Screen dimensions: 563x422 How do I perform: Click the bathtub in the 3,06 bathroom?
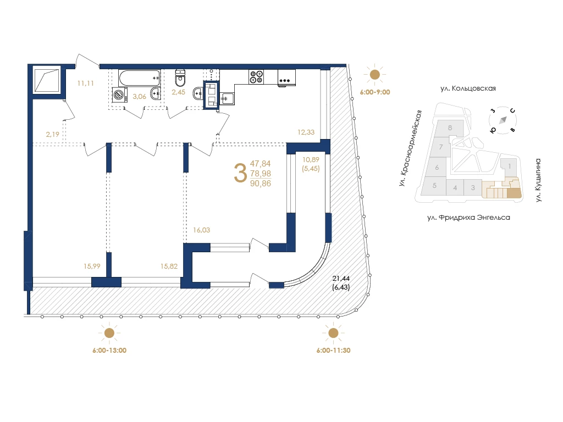coord(139,78)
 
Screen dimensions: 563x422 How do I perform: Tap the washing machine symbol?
coord(119,95)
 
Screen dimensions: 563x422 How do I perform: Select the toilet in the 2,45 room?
coord(180,78)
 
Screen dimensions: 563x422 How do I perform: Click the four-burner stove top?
coord(256,77)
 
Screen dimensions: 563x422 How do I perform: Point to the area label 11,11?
coord(85,84)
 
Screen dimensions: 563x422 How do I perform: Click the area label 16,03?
coord(201,230)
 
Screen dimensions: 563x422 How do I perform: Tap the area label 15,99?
coord(92,266)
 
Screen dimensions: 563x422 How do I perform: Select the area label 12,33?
coord(306,132)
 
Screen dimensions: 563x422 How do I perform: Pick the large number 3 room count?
coord(240,173)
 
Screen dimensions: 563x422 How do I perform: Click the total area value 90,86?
coord(261,184)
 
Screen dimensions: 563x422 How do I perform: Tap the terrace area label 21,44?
coord(341,279)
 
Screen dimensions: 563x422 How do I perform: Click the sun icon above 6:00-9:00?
coord(374,75)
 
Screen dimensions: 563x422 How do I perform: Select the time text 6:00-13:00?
coord(109,350)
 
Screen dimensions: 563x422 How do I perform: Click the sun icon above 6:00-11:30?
coord(333,333)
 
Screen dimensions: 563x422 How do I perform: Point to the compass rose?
coord(503,120)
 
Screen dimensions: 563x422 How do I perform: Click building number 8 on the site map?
coord(450,127)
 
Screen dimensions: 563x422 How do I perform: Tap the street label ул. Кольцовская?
coord(468,88)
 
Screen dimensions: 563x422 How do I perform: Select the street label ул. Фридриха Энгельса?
coord(468,218)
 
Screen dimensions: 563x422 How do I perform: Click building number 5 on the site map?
coord(434,186)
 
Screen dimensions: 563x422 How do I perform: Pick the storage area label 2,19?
coord(52,134)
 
